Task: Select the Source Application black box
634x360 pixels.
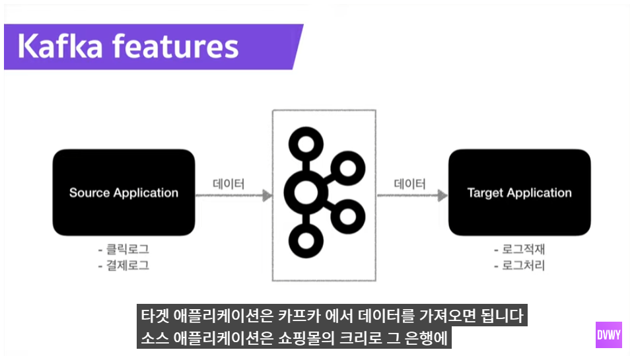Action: click(123, 193)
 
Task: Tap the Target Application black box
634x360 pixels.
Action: click(519, 193)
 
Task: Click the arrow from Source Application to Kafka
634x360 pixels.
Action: click(234, 196)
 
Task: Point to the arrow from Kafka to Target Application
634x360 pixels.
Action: click(412, 196)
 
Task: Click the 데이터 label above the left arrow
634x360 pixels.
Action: click(229, 184)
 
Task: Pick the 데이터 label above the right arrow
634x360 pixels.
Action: click(410, 184)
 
